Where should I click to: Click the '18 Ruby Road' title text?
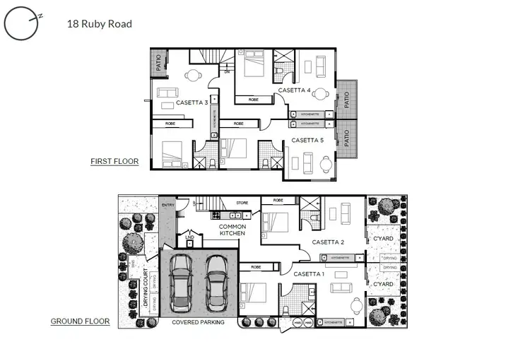point(99,24)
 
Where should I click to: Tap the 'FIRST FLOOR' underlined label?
point(114,162)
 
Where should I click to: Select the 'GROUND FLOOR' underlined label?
point(80,321)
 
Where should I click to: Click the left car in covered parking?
point(182,283)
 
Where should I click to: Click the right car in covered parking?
point(216,280)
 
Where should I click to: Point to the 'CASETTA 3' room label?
point(192,103)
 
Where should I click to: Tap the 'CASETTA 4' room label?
point(294,90)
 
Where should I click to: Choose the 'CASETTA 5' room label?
point(307,140)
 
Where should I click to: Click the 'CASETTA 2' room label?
point(328,242)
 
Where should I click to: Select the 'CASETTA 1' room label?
point(310,273)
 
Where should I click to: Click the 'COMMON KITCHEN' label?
point(232,230)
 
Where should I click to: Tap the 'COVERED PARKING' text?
point(199,322)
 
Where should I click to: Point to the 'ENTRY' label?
point(167,206)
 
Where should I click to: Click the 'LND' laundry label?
point(189,237)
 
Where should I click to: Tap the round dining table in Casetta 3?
point(192,76)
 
